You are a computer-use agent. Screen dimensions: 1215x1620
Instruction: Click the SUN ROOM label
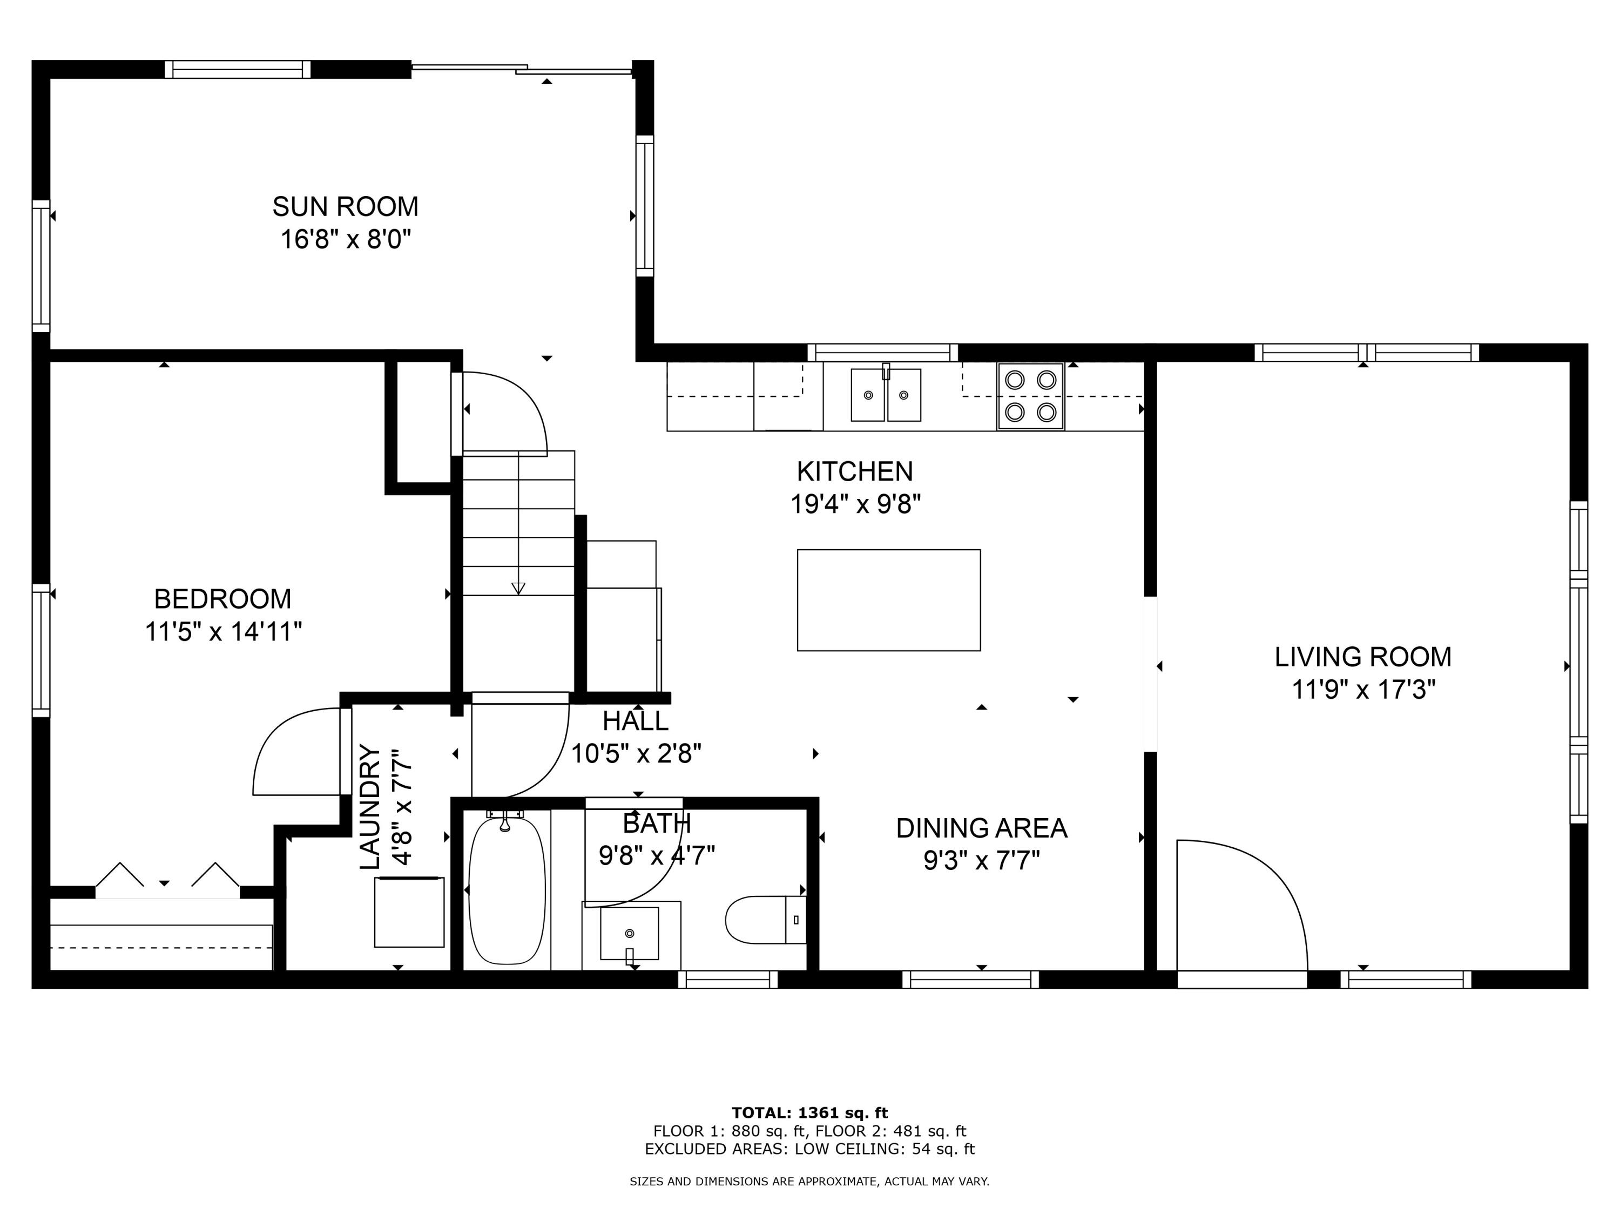345,206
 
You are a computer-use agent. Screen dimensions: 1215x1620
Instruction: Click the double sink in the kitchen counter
886,395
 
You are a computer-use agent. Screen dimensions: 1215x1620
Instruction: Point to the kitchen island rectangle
888,600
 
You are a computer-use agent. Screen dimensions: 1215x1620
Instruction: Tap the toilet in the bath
761,920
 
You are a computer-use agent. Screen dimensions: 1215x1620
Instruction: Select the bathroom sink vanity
630,935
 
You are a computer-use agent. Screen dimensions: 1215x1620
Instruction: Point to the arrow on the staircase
518,588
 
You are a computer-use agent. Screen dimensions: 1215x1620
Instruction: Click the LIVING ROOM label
1362,657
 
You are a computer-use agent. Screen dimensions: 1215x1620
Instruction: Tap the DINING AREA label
981,828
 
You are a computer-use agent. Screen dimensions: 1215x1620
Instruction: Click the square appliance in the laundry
409,912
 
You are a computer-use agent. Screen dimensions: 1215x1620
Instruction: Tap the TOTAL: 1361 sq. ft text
809,1113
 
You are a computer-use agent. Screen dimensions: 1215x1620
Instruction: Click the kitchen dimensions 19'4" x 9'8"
855,504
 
